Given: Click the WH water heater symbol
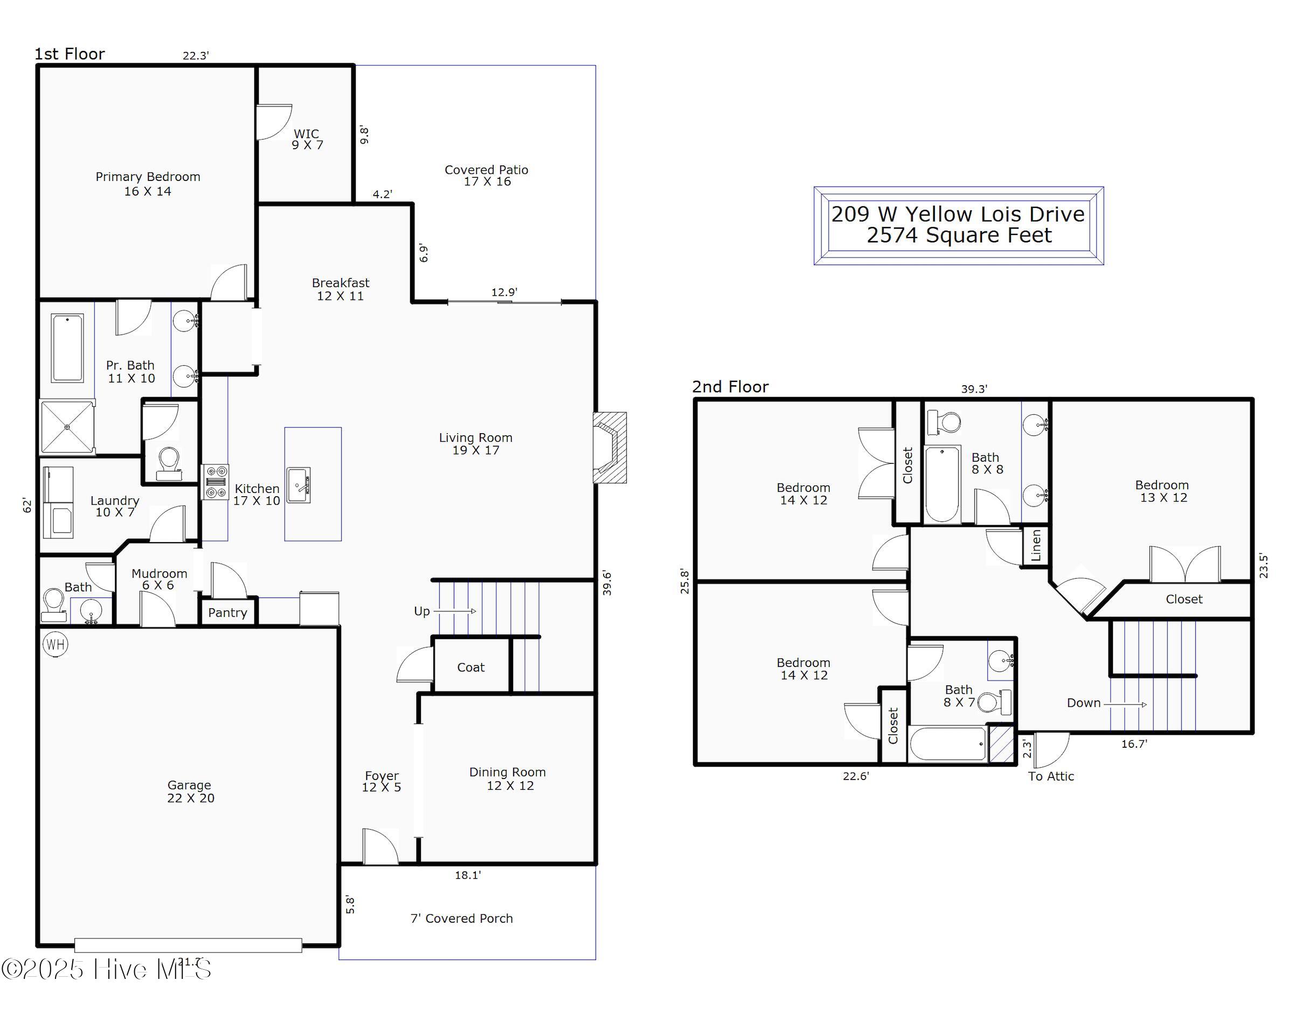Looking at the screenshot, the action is [x=56, y=644].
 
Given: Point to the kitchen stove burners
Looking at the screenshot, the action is [x=215, y=482].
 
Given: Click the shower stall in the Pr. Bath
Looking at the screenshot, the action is [x=67, y=427].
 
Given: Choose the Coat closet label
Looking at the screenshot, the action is [x=471, y=668].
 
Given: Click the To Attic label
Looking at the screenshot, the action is [x=1051, y=776].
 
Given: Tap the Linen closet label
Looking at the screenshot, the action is [x=1036, y=545].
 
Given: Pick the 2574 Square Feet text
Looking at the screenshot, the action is [x=959, y=235].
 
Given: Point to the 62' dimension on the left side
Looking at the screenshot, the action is [x=27, y=505].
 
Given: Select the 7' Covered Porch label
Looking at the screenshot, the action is [x=461, y=919].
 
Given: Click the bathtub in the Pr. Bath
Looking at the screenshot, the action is [x=67, y=348].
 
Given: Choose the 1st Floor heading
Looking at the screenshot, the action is [x=70, y=54].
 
